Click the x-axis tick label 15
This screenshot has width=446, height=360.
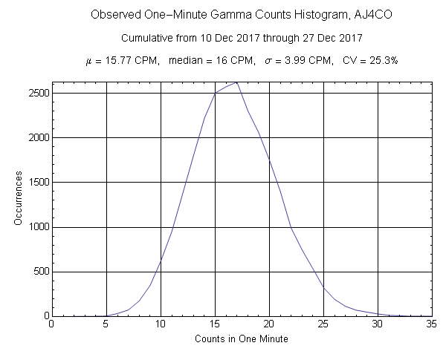214,324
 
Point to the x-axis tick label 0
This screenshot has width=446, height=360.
51,324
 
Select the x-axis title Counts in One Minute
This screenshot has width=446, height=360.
242,339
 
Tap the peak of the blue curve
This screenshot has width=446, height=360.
236,82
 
